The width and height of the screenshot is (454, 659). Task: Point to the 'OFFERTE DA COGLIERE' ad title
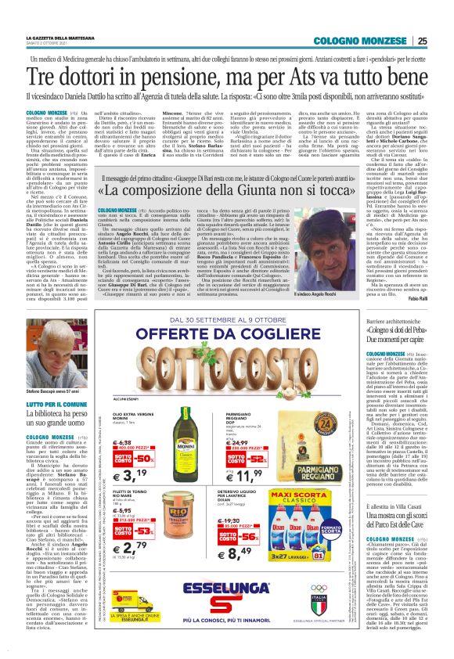point(218,371)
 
